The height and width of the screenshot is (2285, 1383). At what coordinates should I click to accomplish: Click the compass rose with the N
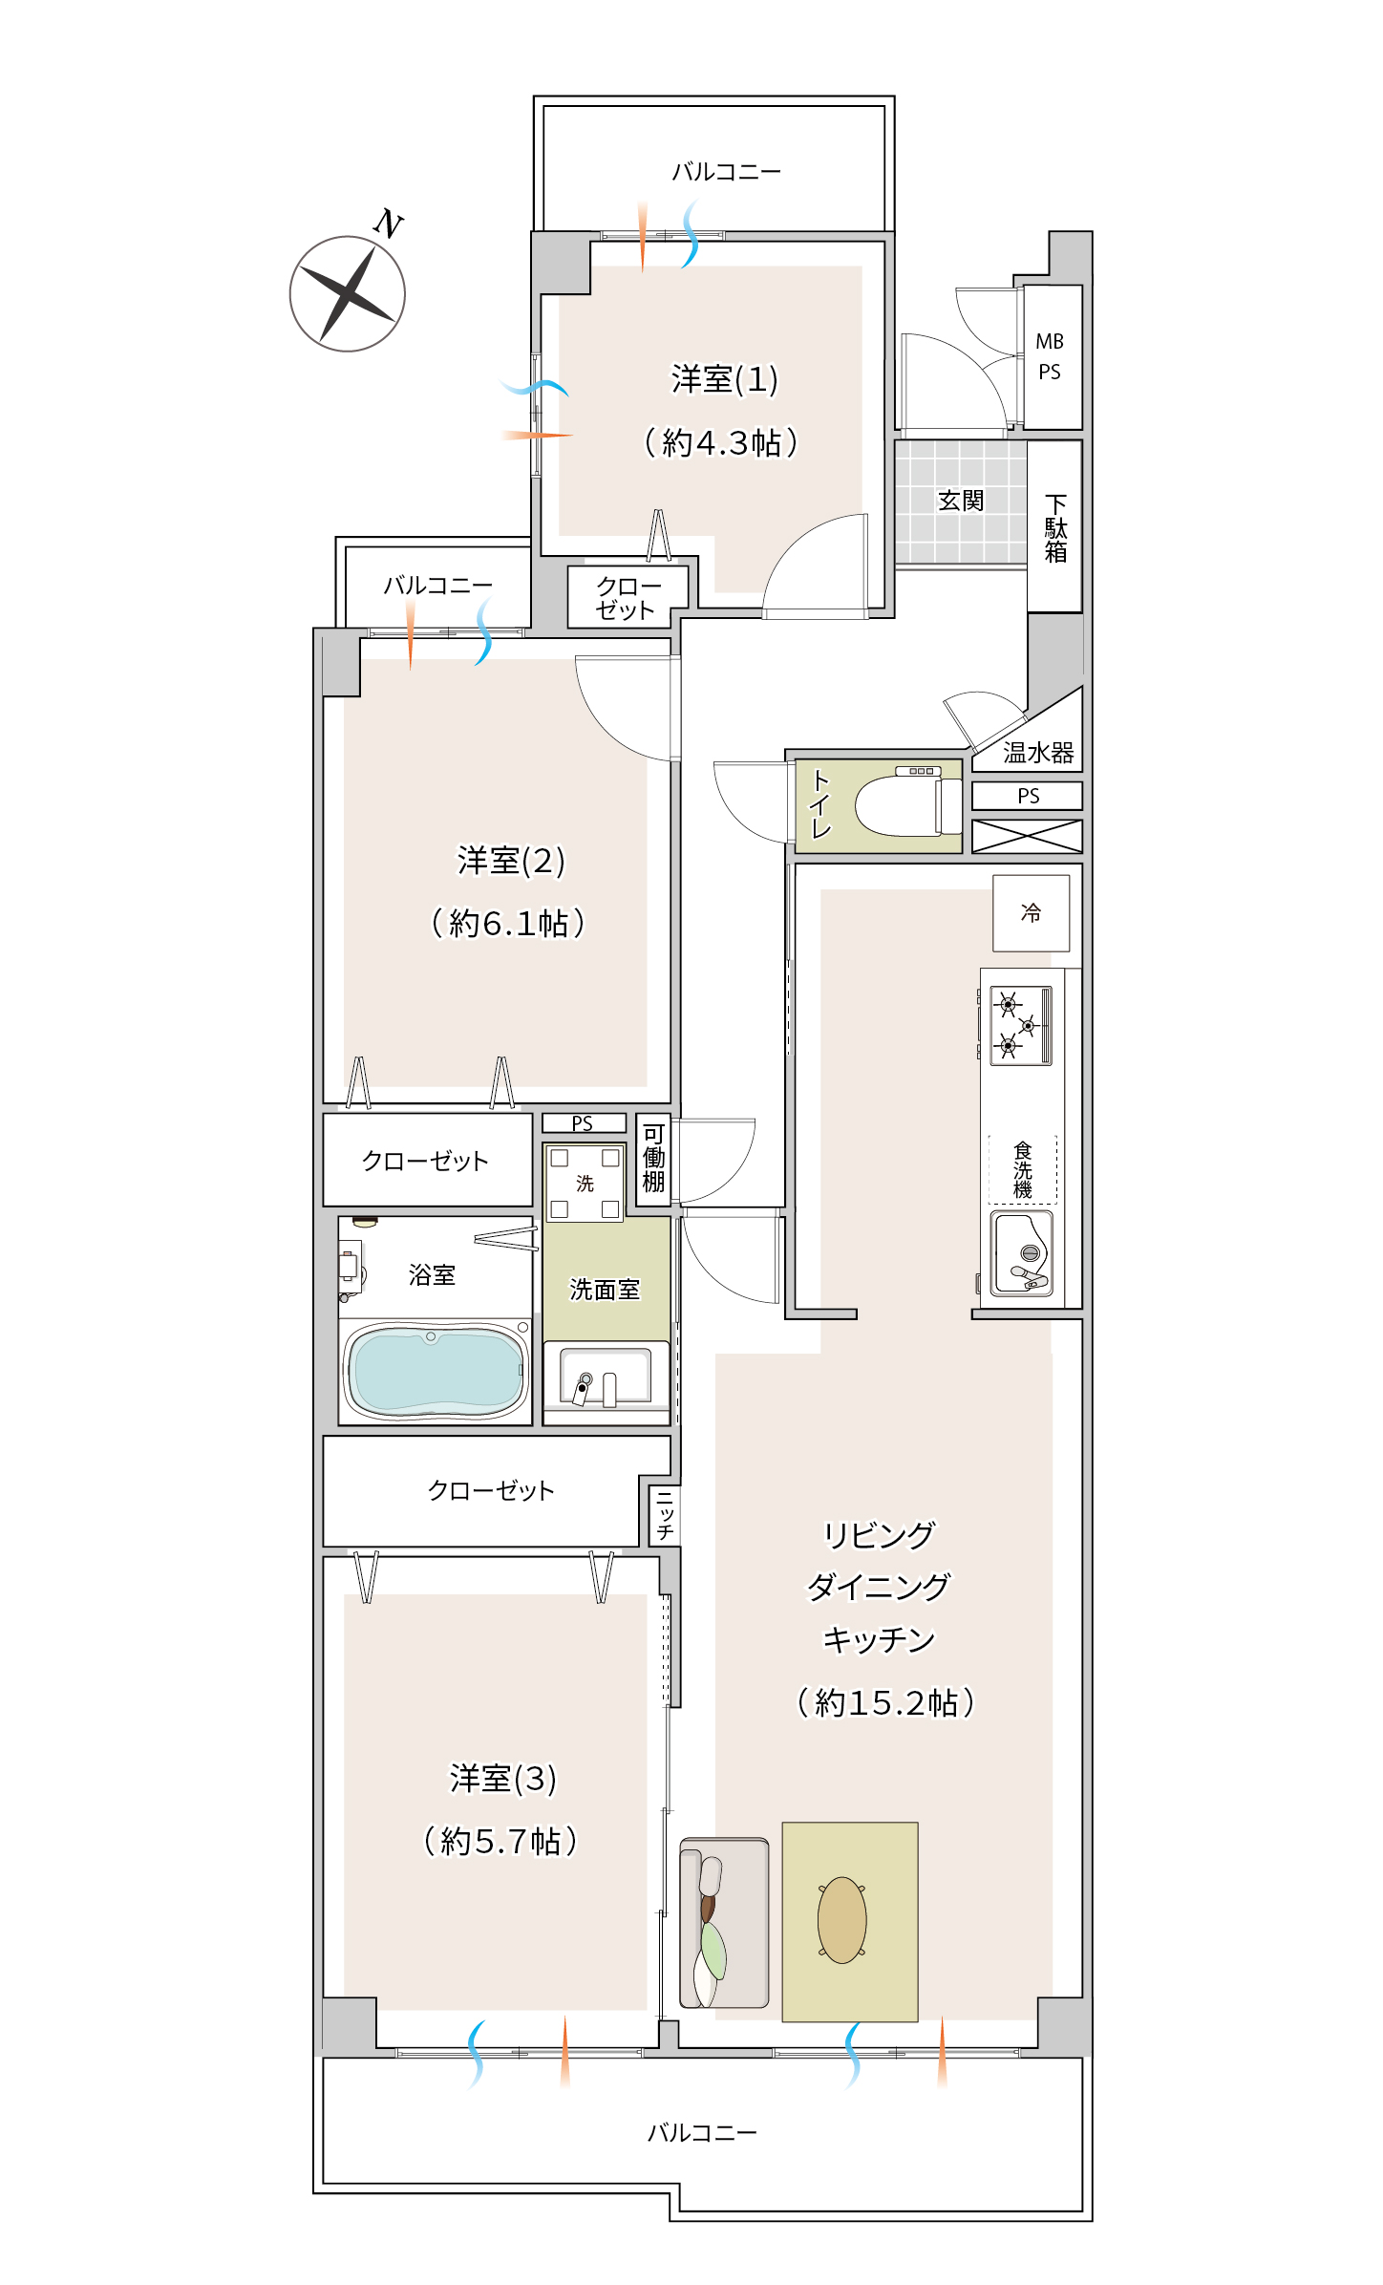pos(349,292)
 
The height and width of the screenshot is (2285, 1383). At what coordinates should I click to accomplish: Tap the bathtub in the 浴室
pos(436,1370)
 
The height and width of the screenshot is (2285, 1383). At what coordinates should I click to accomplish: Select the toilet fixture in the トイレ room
pos(908,804)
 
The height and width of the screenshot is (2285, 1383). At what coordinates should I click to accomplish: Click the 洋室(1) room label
pos(725,380)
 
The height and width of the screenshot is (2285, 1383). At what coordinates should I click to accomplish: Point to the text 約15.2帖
pos(885,1702)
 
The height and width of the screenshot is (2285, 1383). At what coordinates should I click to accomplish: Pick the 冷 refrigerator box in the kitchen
pos(1031,913)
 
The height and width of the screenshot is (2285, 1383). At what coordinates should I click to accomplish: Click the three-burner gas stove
pos(1021,1026)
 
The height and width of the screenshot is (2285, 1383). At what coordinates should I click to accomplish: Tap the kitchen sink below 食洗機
pos(1022,1253)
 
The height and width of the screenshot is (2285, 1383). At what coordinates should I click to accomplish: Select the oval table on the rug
pos(842,1920)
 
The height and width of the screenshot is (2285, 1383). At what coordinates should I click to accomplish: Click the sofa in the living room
pos(724,1922)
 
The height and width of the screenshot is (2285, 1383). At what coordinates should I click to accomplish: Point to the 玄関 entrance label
pos(961,501)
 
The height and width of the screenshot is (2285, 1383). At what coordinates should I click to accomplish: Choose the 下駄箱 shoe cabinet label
pos(1055,528)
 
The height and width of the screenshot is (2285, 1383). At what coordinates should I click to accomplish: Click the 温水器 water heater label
pos(1038,753)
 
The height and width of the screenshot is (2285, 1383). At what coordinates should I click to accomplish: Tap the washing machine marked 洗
pos(585,1183)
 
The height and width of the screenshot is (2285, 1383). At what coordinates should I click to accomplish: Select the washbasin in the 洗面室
pos(606,1377)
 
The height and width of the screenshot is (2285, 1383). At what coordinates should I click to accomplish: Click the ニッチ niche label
pos(665,1515)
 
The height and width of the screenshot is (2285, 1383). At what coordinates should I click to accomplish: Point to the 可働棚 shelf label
pos(653,1158)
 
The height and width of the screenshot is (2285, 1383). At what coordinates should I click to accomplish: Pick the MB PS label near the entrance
pos(1050,356)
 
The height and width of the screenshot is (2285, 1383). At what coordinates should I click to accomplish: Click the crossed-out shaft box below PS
pos(1027,836)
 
